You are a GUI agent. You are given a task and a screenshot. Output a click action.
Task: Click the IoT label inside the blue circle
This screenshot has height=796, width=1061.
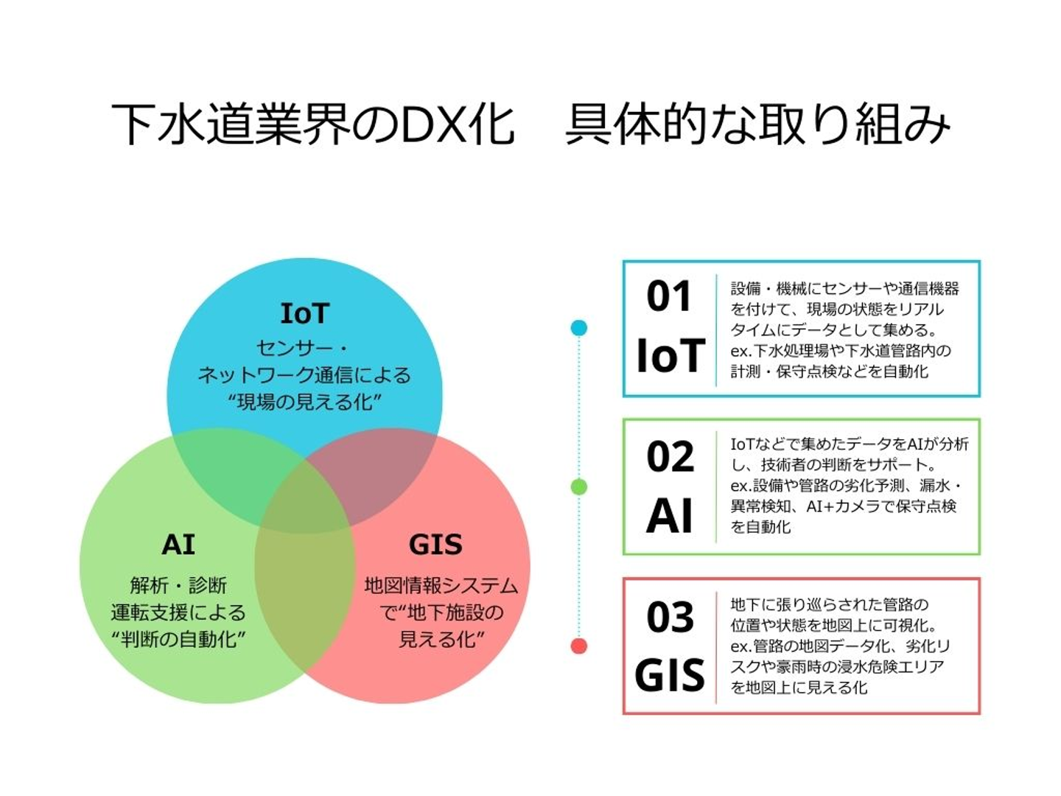[304, 313]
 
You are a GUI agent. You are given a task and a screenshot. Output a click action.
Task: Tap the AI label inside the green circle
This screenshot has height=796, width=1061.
[178, 545]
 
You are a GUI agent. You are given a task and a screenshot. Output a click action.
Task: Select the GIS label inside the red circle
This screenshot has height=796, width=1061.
[435, 545]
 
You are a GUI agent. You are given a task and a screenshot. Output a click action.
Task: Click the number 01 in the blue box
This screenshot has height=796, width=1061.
[669, 296]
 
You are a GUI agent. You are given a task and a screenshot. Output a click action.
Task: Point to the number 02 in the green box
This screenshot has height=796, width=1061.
[670, 457]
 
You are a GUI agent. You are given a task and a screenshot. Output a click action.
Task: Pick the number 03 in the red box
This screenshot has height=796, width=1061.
[670, 617]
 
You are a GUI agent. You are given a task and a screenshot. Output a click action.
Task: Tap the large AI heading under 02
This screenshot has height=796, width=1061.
[670, 516]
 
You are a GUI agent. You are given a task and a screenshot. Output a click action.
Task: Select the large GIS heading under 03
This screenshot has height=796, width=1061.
[670, 675]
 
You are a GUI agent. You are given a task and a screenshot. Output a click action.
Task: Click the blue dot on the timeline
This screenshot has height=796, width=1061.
[579, 328]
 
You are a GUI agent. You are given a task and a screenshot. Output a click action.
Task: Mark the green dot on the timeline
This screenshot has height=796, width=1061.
[579, 486]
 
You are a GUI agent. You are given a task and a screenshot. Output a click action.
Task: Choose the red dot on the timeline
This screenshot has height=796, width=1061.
[579, 646]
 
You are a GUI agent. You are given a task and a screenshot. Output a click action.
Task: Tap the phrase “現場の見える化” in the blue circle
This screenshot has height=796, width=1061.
[304, 402]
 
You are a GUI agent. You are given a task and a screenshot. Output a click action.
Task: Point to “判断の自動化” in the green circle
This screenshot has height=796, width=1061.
[178, 639]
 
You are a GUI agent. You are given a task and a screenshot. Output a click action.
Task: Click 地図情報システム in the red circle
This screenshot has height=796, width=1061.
[441, 586]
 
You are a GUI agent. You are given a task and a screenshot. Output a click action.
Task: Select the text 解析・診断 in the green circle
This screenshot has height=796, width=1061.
[178, 586]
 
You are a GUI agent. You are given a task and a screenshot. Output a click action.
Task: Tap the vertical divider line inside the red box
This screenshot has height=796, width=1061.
[716, 646]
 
